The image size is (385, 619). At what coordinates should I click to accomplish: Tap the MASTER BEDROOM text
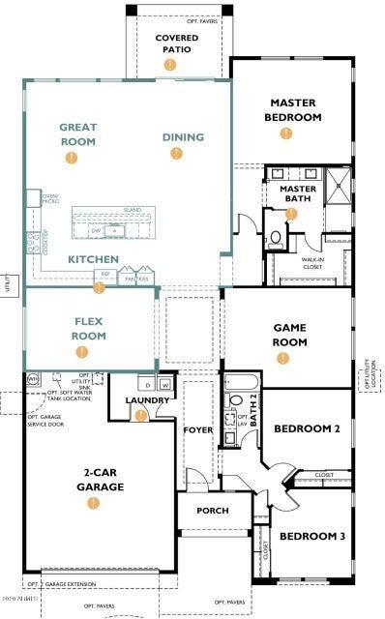pos(294,109)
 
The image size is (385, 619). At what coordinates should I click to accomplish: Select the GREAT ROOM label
pos(77,133)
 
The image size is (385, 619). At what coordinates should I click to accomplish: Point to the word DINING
pos(183,137)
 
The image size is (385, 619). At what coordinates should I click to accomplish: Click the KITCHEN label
pos(93,259)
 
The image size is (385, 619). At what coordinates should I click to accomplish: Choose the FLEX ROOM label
pos(88,330)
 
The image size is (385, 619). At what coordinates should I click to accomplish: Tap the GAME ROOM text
pos(289,335)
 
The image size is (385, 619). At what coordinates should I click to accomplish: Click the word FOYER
pos(199,429)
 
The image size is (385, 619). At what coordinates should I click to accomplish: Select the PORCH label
pos(212,511)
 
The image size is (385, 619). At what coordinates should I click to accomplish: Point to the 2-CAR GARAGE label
pos(100,481)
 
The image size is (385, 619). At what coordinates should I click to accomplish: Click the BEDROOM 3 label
pos(311,536)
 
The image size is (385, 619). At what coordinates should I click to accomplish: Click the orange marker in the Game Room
pos(282,358)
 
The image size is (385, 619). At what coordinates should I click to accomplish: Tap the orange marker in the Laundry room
pos(141,415)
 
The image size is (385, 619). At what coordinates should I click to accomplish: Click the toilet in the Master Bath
pos(274,236)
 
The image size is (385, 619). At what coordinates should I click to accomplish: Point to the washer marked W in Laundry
pos(164,385)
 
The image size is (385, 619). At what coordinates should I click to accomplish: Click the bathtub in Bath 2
pos(239,379)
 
